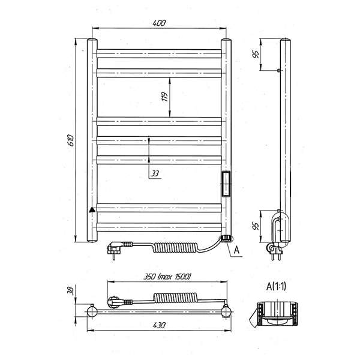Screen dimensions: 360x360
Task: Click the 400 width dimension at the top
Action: tap(159, 23)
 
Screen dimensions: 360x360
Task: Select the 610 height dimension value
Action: tap(71, 140)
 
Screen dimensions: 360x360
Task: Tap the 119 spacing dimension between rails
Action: tap(164, 97)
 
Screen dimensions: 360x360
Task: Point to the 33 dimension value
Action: tap(155, 173)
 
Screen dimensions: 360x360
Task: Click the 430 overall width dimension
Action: tap(159, 325)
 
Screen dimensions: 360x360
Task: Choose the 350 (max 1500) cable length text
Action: tap(167, 277)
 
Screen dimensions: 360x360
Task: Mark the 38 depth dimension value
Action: tap(71, 290)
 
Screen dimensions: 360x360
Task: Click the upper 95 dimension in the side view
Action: tap(256, 54)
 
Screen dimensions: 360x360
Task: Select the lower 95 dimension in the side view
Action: tap(256, 226)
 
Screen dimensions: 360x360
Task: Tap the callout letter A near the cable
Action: tap(236, 250)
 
